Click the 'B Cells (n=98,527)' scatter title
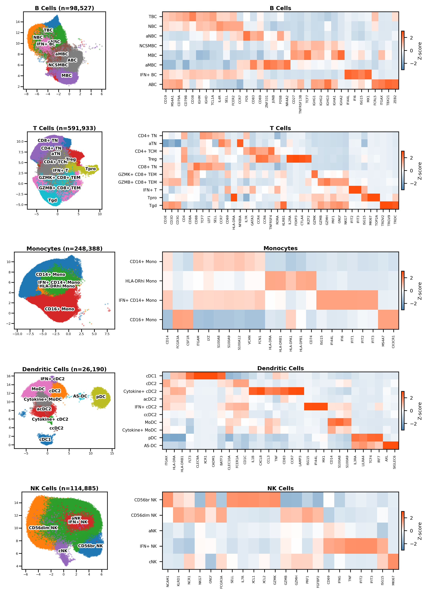[x=64, y=8]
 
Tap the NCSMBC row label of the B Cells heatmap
[x=148, y=46]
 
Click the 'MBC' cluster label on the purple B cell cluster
[x=67, y=75]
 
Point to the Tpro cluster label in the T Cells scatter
[x=91, y=169]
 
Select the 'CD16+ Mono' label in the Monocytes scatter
[x=60, y=309]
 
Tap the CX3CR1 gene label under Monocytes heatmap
[x=393, y=342]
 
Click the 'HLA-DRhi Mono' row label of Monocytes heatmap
[x=141, y=281]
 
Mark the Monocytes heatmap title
[x=280, y=248]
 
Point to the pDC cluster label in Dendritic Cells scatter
[x=101, y=397]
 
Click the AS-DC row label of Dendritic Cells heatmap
[x=150, y=446]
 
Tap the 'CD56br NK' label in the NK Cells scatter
[x=90, y=546]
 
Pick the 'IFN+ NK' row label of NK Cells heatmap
[x=148, y=546]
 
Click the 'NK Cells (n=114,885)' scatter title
[x=64, y=489]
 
